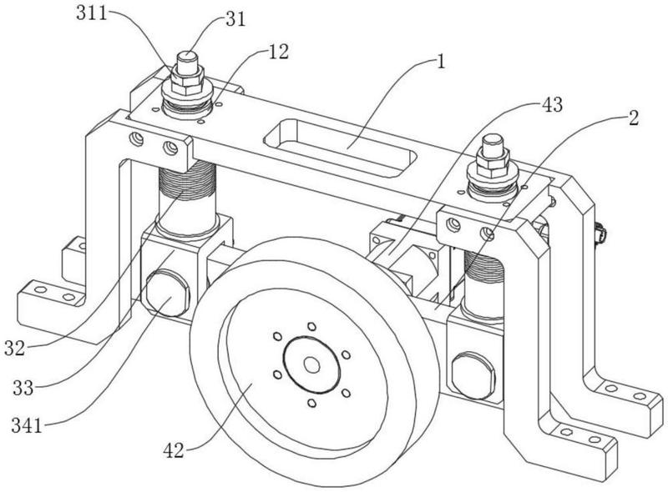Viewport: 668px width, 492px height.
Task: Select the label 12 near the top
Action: coord(279,52)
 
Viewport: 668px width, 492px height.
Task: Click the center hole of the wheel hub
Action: coord(311,364)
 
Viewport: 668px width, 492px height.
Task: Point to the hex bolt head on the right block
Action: coord(471,370)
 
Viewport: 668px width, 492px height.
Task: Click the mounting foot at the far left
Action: coord(46,294)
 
